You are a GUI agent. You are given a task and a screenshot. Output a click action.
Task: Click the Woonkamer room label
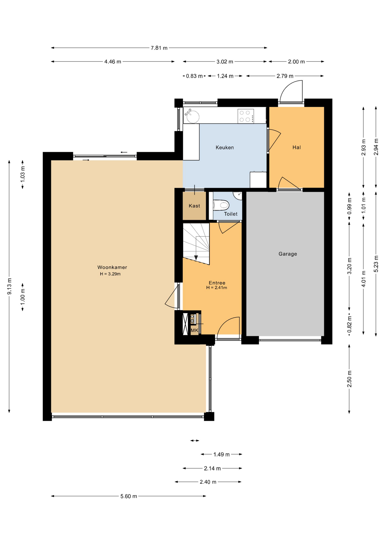[112, 267]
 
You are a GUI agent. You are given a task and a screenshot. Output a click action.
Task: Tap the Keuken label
[225, 147]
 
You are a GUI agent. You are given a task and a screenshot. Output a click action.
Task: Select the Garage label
[288, 254]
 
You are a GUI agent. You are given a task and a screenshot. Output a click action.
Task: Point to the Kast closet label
[194, 206]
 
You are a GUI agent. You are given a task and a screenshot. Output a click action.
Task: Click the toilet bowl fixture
[221, 205]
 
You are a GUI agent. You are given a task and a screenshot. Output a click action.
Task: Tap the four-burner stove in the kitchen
[246, 116]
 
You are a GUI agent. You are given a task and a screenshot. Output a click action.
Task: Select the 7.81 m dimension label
[159, 48]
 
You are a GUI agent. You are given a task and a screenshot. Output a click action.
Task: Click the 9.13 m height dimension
[9, 286]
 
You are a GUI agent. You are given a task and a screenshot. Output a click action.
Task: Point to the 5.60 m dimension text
[129, 496]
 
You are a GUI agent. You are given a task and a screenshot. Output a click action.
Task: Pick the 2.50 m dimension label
[349, 379]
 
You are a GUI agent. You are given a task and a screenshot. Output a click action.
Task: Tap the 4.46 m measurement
[113, 61]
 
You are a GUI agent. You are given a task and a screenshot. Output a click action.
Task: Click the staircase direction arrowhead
[196, 258]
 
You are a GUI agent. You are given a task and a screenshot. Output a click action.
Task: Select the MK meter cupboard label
[194, 330]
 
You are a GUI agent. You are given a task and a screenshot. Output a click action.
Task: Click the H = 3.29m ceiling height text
[110, 274]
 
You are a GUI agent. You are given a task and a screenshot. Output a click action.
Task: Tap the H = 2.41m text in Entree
[217, 288]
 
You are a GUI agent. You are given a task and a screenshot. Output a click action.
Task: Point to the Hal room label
[297, 147]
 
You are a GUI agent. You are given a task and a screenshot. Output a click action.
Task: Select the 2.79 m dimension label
[285, 76]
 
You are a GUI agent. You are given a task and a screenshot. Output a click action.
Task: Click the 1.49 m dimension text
[221, 454]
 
